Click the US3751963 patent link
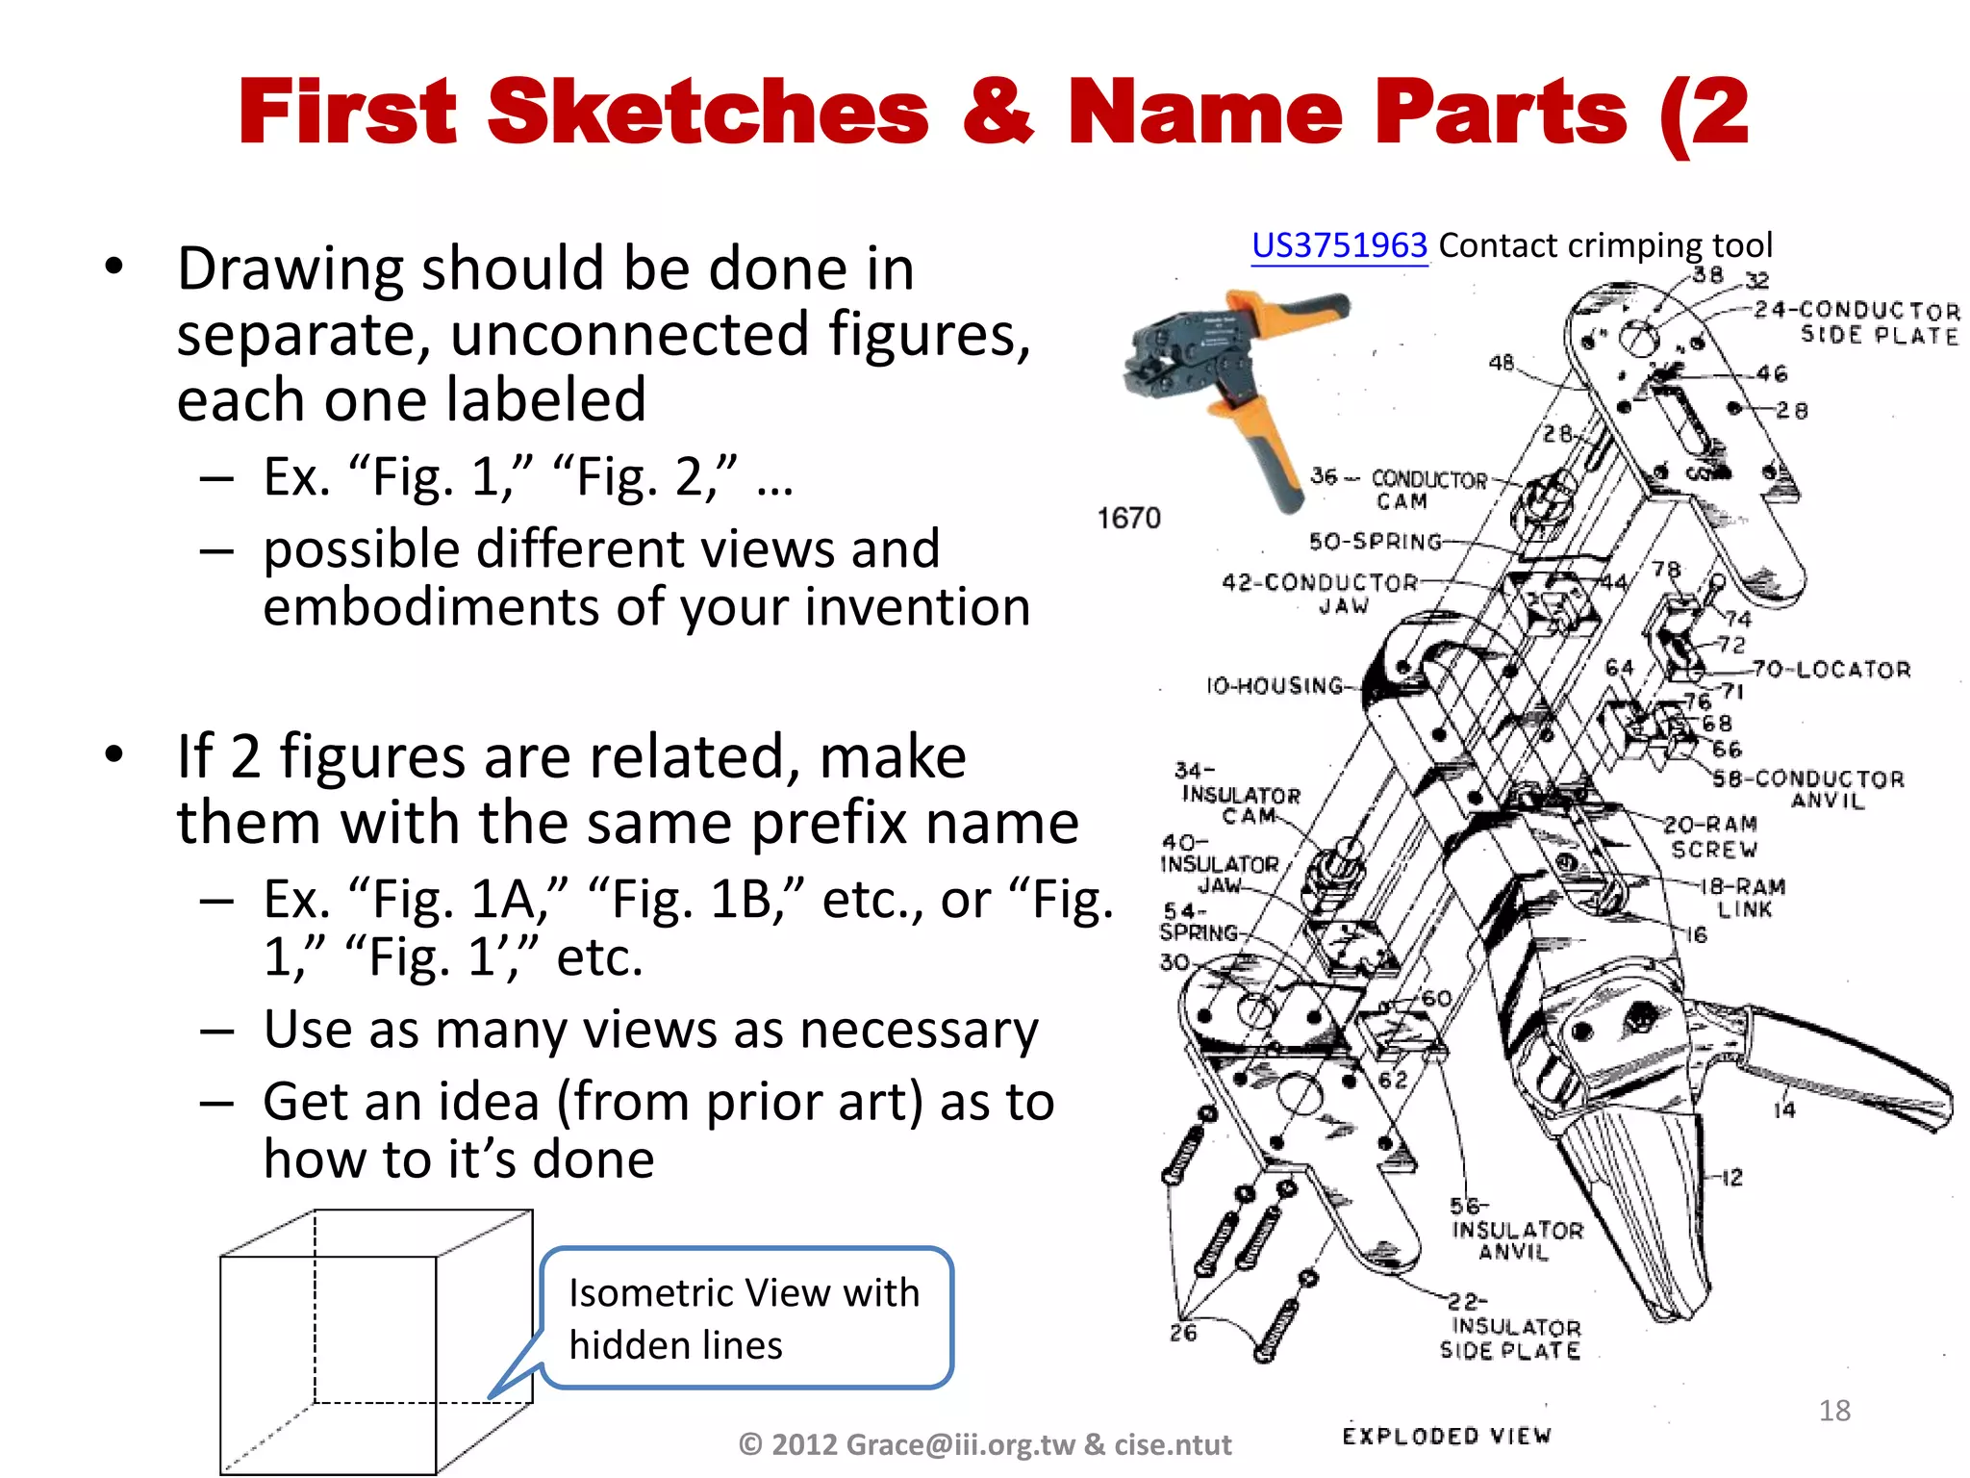[x=1338, y=246]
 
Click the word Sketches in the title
[x=708, y=113]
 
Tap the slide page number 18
[x=1833, y=1411]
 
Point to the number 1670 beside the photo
[x=1128, y=519]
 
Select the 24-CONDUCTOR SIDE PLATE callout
[x=1856, y=322]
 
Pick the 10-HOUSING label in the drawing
[x=1275, y=686]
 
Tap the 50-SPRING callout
[x=1376, y=542]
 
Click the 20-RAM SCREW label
[x=1711, y=837]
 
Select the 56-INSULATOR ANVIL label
[x=1515, y=1231]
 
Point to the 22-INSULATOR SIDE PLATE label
[x=1512, y=1328]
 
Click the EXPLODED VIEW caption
[x=1446, y=1437]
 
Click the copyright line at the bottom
[x=984, y=1444]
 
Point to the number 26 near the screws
[x=1182, y=1333]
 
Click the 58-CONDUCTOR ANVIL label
[x=1808, y=789]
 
